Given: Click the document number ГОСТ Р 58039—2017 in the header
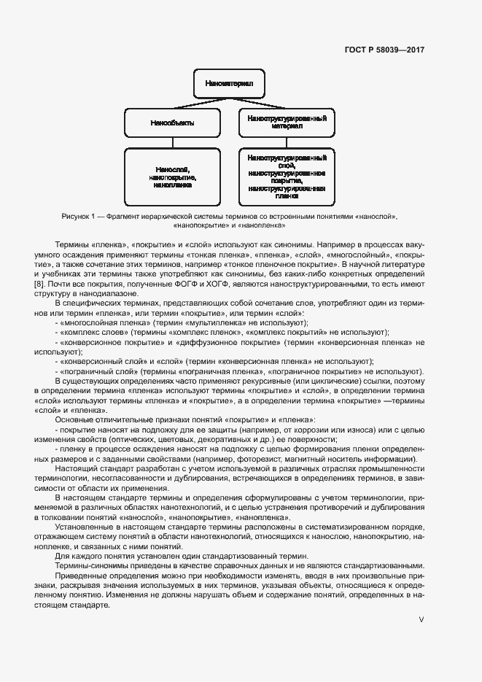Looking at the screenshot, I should click(384, 50).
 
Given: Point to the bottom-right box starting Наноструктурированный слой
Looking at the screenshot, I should click(287, 177).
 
